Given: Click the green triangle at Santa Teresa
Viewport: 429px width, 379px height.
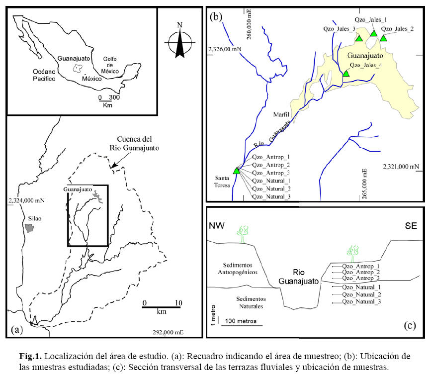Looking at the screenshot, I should point(237,171).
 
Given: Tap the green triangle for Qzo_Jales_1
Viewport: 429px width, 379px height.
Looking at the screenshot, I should point(373,33).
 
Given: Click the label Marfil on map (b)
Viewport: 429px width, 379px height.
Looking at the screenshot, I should point(281,115).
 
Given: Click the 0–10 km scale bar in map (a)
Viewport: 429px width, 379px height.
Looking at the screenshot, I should point(162,307).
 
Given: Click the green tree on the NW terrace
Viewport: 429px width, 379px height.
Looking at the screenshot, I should point(242,234).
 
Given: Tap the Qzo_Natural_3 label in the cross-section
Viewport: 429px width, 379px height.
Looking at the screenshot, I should point(361,302).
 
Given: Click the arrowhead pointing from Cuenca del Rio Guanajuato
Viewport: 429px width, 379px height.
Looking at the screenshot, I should point(114,165).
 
